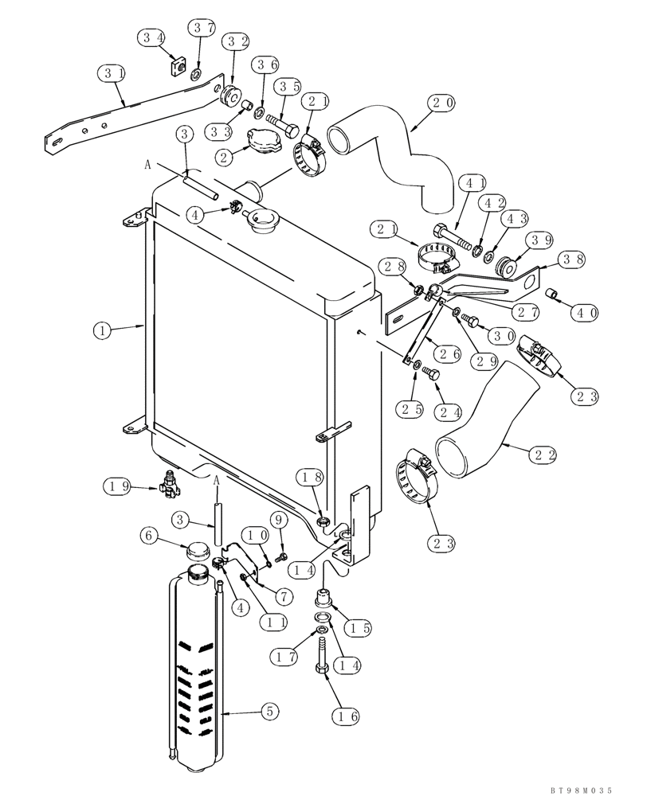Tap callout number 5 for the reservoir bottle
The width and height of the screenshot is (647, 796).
269,713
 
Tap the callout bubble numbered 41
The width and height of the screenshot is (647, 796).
472,185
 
